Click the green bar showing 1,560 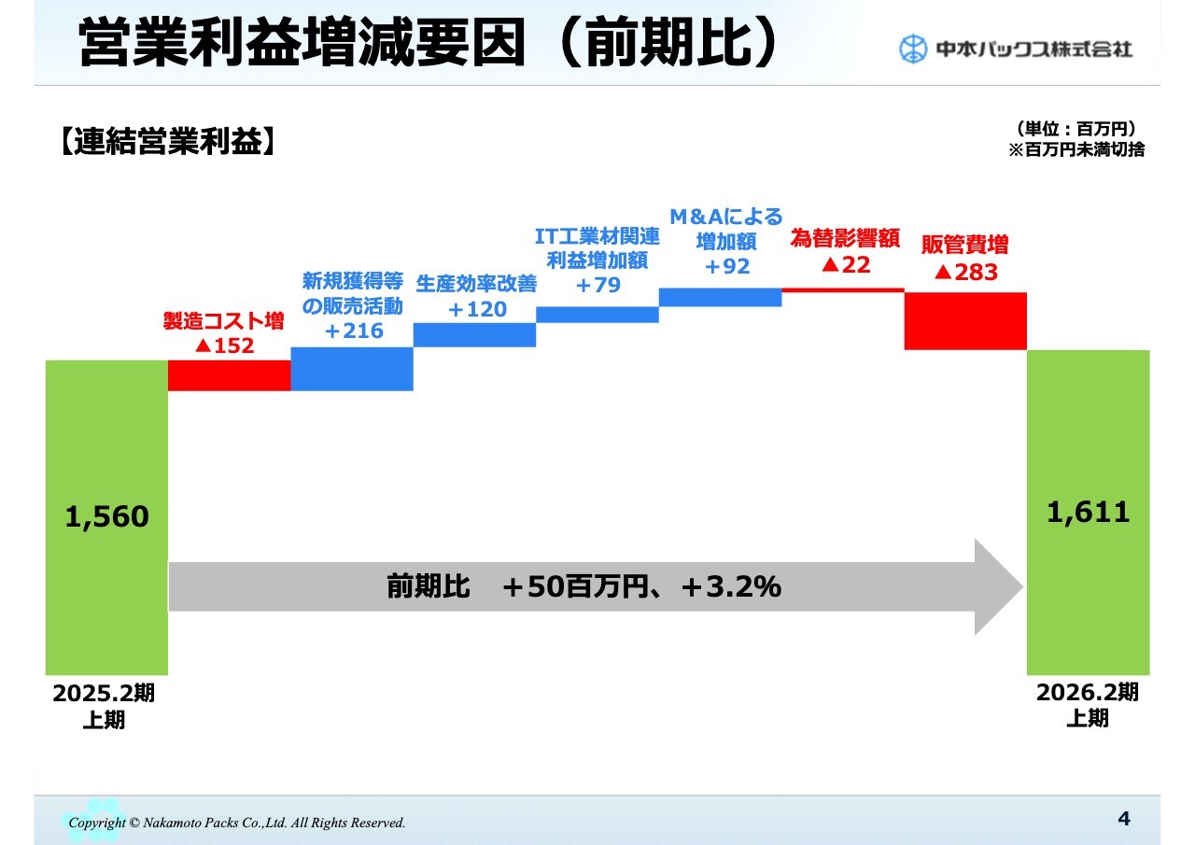click(106, 517)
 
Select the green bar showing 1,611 click(1089, 512)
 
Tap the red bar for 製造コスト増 click(230, 375)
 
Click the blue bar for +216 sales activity click(352, 369)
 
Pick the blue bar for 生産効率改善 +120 click(475, 335)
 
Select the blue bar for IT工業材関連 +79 click(597, 315)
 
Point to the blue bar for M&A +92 click(720, 297)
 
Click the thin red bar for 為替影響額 click(843, 290)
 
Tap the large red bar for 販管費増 click(965, 321)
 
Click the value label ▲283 click(966, 272)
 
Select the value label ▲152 click(225, 345)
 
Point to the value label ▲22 click(846, 264)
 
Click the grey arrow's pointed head click(1022, 586)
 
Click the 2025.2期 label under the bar click(104, 694)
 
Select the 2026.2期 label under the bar click(1088, 693)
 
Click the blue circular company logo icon click(913, 49)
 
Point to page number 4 click(1124, 818)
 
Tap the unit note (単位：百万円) click(1076, 129)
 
